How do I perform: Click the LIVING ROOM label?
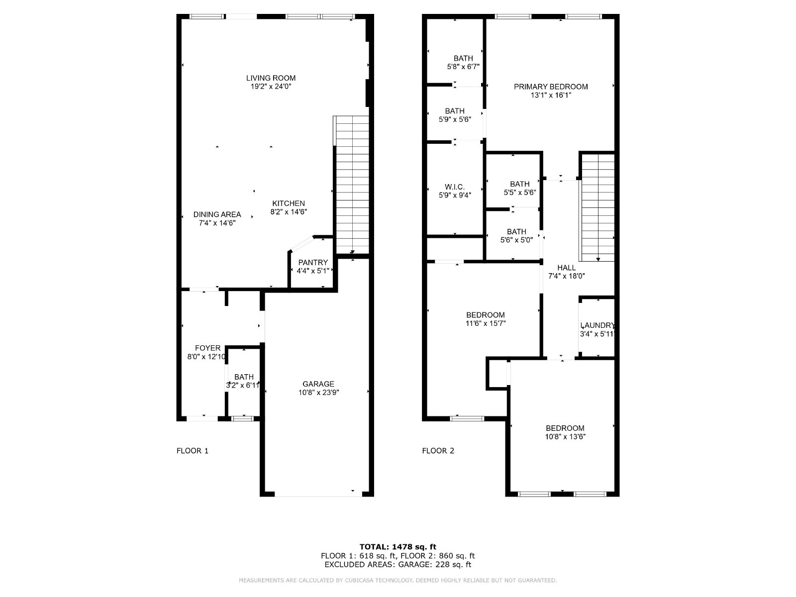271,78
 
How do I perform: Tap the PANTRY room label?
312,263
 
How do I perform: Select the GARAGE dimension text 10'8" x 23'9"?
318,392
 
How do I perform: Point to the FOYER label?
207,348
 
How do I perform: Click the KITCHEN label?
289,203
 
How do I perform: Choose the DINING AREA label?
217,214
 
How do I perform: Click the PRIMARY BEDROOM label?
551,87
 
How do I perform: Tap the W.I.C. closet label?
454,187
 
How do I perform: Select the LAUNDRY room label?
597,325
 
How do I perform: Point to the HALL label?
566,268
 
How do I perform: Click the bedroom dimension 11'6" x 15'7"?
485,323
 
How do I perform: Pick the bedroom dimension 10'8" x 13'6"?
565,436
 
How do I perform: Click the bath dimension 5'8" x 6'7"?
463,67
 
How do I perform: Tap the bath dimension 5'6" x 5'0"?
516,240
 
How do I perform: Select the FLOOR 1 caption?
192,451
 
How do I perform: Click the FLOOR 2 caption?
438,451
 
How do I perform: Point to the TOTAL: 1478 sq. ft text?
398,547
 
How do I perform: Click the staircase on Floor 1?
351,185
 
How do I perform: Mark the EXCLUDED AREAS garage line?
398,564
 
